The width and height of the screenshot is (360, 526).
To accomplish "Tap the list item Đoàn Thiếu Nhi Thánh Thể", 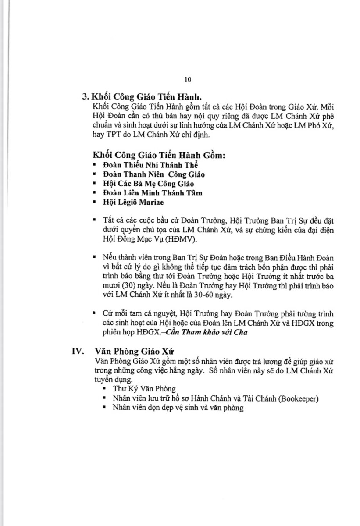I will [x=150, y=165].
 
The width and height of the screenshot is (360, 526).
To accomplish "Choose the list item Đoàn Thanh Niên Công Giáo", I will [x=153, y=174].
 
